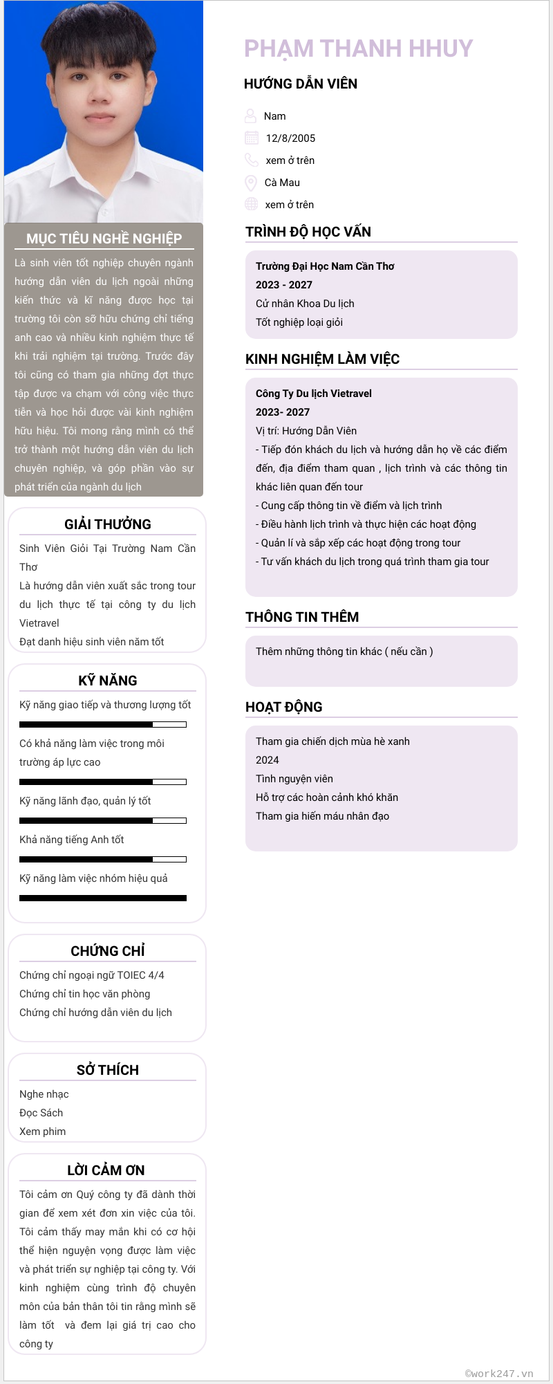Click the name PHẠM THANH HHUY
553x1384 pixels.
point(358,48)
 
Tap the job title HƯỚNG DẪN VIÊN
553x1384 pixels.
point(301,84)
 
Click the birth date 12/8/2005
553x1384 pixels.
point(290,138)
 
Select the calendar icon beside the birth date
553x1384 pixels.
point(252,138)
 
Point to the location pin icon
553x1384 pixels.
point(251,183)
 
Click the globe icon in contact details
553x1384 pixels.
point(252,204)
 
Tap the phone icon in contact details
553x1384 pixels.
point(252,160)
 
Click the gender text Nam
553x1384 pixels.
point(274,116)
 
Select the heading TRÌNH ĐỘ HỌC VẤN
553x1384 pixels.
point(308,232)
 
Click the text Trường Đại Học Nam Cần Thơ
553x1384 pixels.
point(325,266)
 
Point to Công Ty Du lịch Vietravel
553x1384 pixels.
point(314,394)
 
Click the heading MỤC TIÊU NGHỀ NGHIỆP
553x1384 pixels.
point(104,239)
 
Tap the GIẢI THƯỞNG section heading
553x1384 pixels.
point(108,524)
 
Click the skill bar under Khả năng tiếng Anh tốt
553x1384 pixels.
point(103,859)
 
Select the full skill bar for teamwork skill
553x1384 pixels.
point(103,898)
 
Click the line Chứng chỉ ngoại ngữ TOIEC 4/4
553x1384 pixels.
point(92,975)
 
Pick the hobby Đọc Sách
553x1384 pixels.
point(41,1113)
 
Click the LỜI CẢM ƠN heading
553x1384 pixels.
point(106,1170)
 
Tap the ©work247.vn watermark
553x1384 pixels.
point(499,1374)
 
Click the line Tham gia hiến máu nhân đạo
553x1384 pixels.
point(322,816)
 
